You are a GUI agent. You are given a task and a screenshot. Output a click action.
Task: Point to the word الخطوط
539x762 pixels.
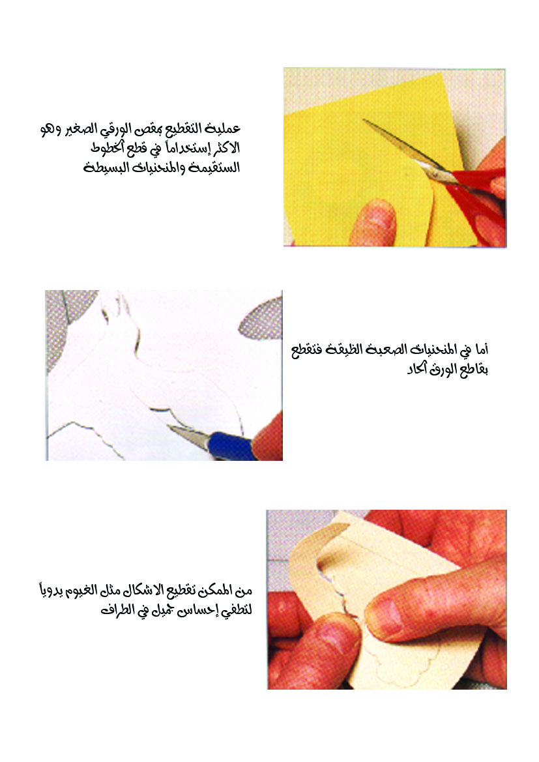coord(108,148)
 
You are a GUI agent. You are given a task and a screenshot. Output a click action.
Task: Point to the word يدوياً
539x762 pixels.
coord(54,591)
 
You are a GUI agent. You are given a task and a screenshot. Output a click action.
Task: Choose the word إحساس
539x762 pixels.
coord(194,610)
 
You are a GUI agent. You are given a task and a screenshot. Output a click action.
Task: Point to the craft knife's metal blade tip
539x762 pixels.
coord(170,426)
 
